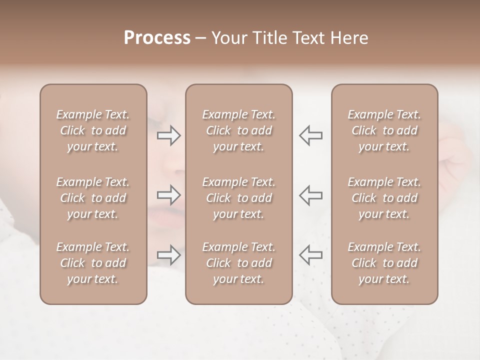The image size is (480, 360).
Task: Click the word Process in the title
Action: pos(157,38)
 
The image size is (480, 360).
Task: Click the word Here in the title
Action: pos(348,38)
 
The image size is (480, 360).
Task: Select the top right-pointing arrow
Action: pos(168,135)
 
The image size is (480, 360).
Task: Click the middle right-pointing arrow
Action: pos(168,195)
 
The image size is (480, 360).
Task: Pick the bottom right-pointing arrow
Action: pos(168,255)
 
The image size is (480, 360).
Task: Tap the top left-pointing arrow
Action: pos(311,135)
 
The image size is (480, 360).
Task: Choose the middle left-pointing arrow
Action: pos(311,195)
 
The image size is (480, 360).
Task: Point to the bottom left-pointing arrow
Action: pos(311,255)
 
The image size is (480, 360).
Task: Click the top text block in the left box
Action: pos(93,130)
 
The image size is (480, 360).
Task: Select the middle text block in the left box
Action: pos(93,198)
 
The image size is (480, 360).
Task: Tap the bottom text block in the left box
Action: pos(93,263)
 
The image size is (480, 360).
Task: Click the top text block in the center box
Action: pos(238,130)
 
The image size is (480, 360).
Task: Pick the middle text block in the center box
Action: pos(238,198)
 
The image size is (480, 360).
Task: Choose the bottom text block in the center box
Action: pos(238,263)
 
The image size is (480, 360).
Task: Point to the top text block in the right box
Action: pos(384,130)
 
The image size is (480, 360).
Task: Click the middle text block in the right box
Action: pos(384,198)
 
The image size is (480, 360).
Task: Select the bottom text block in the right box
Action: pos(384,263)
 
